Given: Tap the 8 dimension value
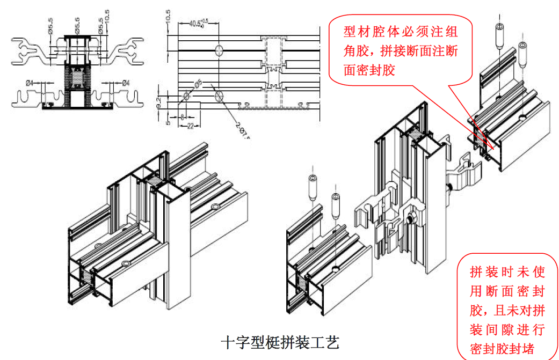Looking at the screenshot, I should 183,116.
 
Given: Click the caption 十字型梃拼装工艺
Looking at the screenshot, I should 280,342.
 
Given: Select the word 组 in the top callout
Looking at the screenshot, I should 452,32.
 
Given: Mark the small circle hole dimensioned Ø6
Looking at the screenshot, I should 186,96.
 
